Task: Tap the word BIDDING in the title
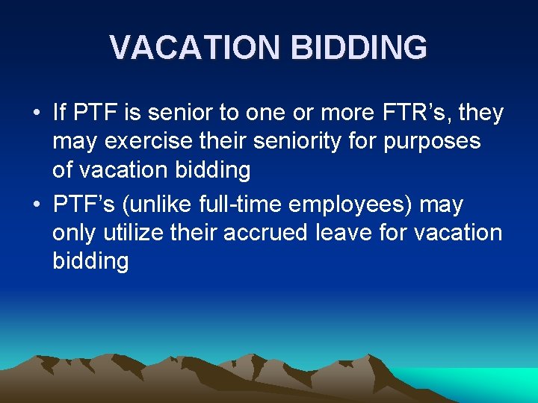point(359,48)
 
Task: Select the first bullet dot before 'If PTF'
point(37,114)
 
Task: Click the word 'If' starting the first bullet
point(60,113)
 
